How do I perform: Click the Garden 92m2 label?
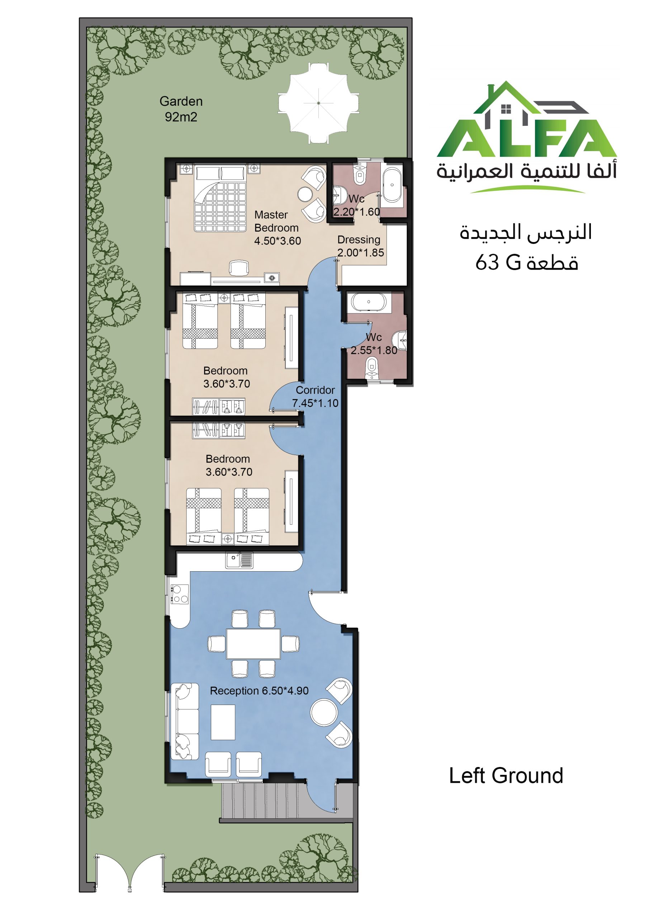click(x=181, y=109)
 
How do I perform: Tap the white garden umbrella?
click(x=318, y=103)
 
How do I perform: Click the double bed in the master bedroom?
click(x=220, y=199)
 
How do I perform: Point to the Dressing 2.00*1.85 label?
click(x=360, y=246)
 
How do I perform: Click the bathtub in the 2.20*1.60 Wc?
click(x=392, y=185)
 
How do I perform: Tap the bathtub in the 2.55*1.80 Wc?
click(x=368, y=302)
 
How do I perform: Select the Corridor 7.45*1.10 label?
click(x=315, y=396)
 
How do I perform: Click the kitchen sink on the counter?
click(x=239, y=560)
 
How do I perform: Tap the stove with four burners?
click(x=180, y=594)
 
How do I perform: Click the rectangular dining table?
click(x=254, y=644)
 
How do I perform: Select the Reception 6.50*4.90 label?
click(x=259, y=691)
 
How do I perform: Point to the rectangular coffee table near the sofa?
click(x=223, y=722)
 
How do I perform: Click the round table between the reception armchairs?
click(x=324, y=712)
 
